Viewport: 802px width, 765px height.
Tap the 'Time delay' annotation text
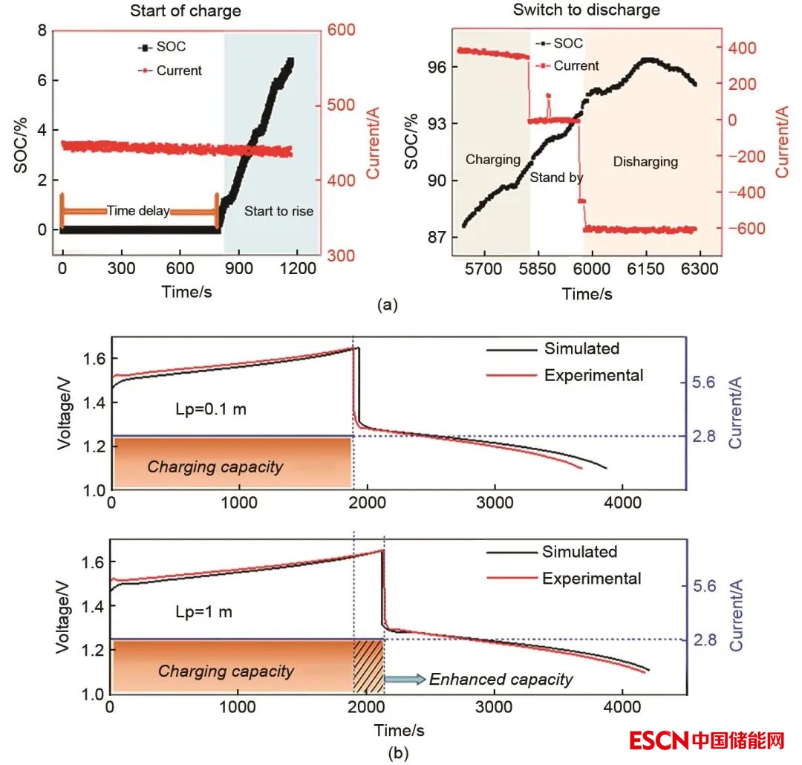pos(138,211)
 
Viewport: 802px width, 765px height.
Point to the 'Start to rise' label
pos(278,211)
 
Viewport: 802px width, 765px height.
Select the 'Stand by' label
pos(556,178)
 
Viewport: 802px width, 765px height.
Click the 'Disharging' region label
pos(645,161)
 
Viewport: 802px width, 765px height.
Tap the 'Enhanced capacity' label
pos(501,679)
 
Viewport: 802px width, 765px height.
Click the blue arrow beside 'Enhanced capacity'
pos(405,679)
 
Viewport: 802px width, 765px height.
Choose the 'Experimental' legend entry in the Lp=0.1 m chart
pos(593,375)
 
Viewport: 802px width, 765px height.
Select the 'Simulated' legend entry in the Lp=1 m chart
pos(579,552)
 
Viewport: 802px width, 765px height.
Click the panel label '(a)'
pos(388,304)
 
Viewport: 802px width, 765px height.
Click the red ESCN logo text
pos(659,740)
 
